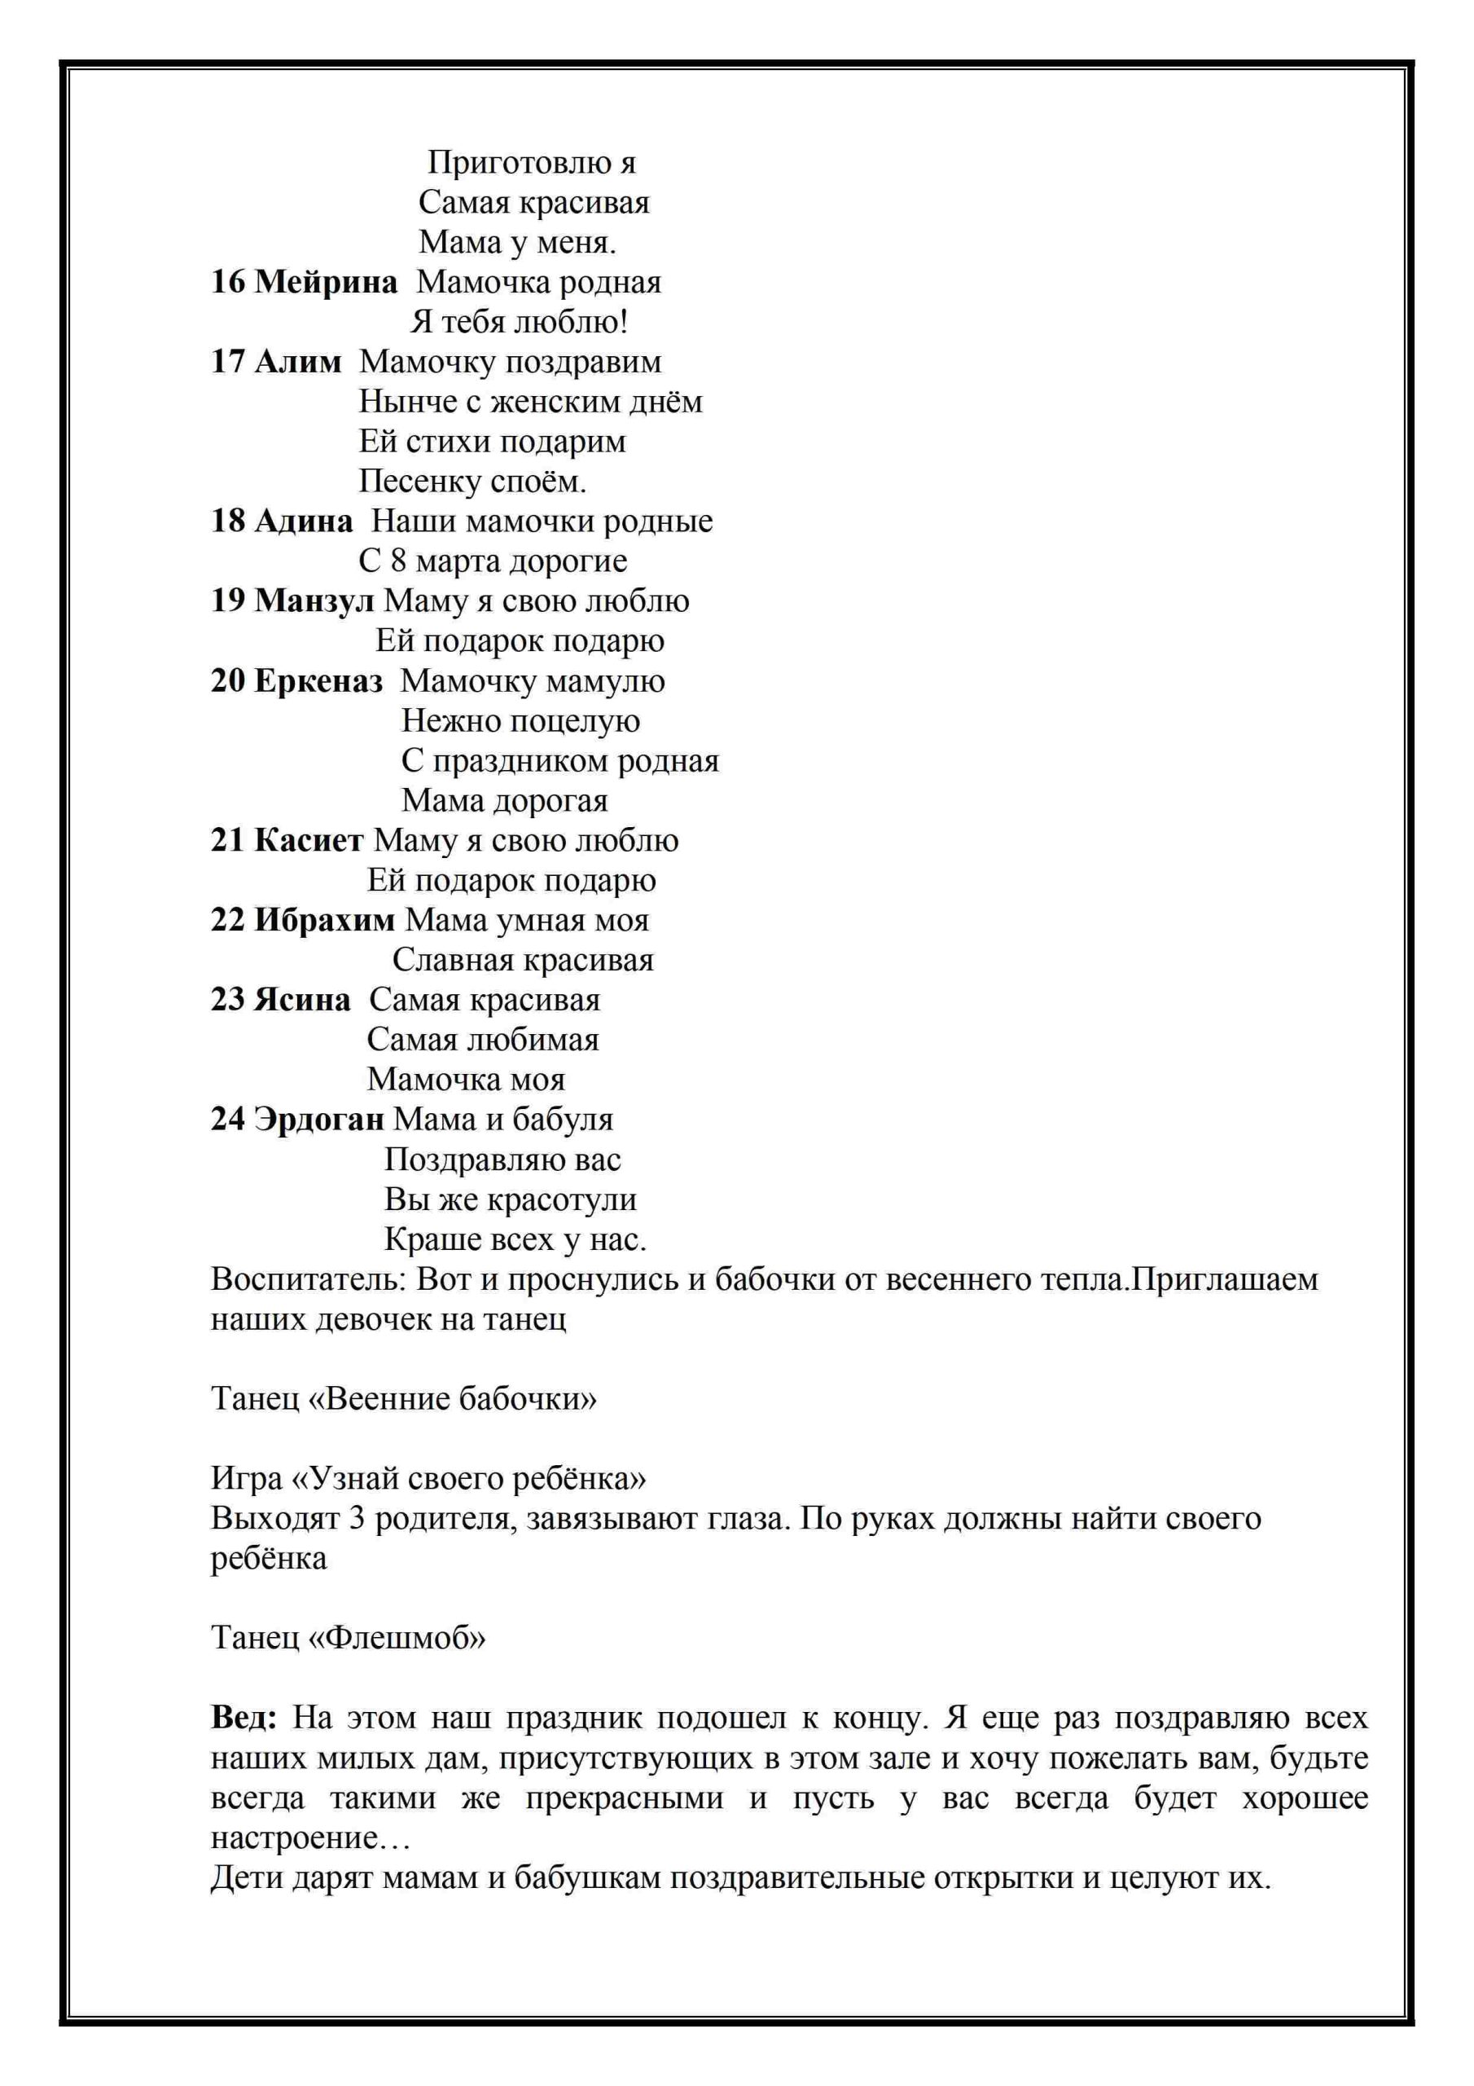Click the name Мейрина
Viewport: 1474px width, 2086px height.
(325, 283)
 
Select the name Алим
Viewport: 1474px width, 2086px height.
(298, 362)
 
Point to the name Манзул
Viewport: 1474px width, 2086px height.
(314, 601)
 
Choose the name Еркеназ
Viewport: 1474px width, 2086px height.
(318, 681)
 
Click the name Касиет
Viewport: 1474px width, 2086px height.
(309, 840)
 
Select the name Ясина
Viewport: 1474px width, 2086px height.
(301, 1001)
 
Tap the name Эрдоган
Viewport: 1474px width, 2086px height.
(318, 1120)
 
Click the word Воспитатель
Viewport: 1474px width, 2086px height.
(309, 1279)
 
